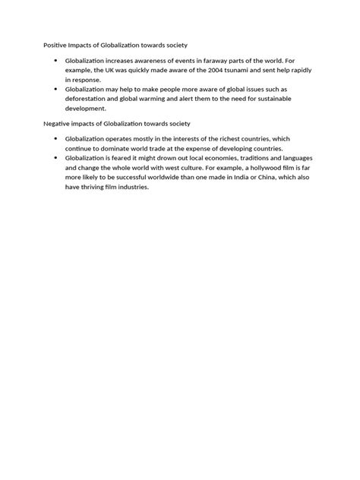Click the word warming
(159, 99)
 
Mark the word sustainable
(267, 99)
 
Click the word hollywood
(251, 169)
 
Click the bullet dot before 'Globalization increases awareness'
(55, 59)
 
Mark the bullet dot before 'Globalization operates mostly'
(55, 139)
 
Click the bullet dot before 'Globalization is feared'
(55, 159)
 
